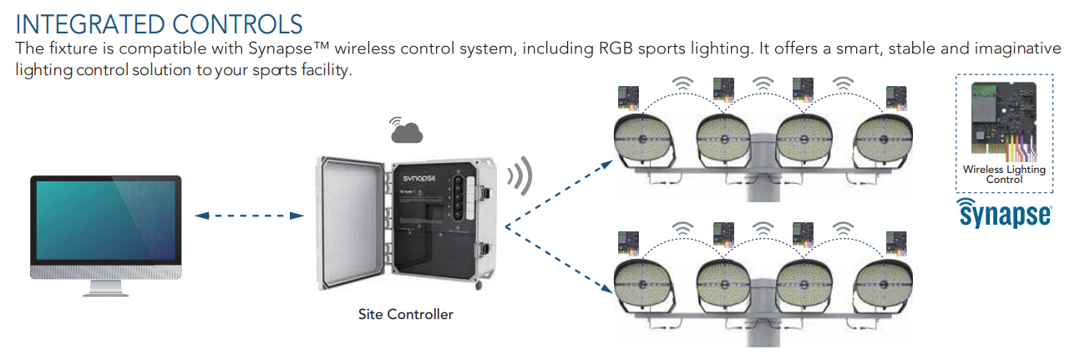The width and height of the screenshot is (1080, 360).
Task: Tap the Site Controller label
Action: tap(405, 315)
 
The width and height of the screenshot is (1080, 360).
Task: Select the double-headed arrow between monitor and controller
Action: tap(249, 215)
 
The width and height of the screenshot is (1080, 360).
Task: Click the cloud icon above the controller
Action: tap(407, 130)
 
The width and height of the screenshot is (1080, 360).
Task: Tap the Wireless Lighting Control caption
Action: tap(1003, 174)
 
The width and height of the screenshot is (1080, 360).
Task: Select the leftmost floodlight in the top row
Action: tap(641, 137)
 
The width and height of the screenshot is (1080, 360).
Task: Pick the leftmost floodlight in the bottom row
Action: tap(641, 281)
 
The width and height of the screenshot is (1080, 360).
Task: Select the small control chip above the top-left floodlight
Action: tap(627, 98)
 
